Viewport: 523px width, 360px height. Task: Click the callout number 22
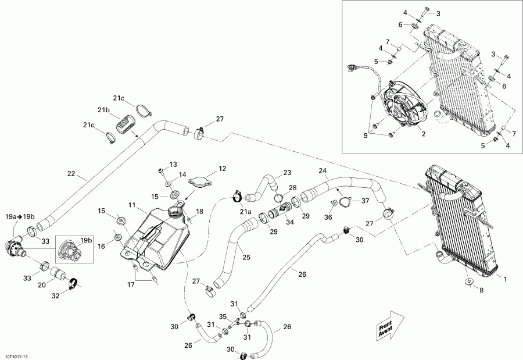[x=71, y=173]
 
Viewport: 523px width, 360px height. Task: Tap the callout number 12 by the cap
[x=221, y=169]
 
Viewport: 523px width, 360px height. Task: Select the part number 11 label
[x=132, y=205]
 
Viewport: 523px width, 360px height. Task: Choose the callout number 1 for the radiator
[x=504, y=280]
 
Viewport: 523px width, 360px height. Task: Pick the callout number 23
[x=286, y=173]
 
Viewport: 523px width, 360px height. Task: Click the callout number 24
[x=323, y=170]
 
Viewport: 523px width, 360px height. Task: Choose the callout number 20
[x=42, y=286]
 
